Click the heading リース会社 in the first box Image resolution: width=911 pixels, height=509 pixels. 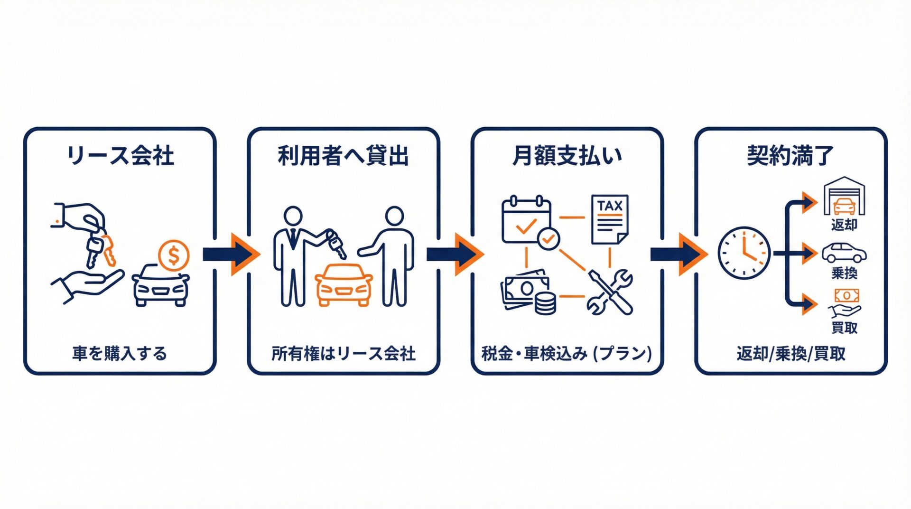pyautogui.click(x=120, y=156)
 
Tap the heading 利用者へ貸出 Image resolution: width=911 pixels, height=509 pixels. pyautogui.click(x=343, y=156)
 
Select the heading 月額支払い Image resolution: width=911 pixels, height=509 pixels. pyautogui.click(x=567, y=156)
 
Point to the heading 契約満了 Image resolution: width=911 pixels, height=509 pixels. pyautogui.click(x=790, y=156)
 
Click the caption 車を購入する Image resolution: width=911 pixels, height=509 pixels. pyautogui.click(x=120, y=354)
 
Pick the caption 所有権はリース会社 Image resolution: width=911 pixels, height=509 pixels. pyautogui.click(x=343, y=354)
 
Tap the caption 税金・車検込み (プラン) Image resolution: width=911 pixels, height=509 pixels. pyautogui.click(x=567, y=354)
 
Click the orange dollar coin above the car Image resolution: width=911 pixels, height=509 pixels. pyautogui.click(x=174, y=256)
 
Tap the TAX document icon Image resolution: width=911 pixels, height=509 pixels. pyautogui.click(x=610, y=219)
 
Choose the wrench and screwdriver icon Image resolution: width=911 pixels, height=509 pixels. pyautogui.click(x=610, y=292)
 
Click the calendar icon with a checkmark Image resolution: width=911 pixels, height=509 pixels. pyautogui.click(x=528, y=221)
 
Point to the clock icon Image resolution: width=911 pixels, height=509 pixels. pyautogui.click(x=744, y=253)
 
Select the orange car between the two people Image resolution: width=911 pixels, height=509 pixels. pyautogui.click(x=344, y=284)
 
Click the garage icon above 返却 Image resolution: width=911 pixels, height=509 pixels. pyautogui.click(x=844, y=196)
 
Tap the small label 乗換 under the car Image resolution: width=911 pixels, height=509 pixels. pyautogui.click(x=844, y=273)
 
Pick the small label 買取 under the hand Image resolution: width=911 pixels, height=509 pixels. pyautogui.click(x=844, y=328)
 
